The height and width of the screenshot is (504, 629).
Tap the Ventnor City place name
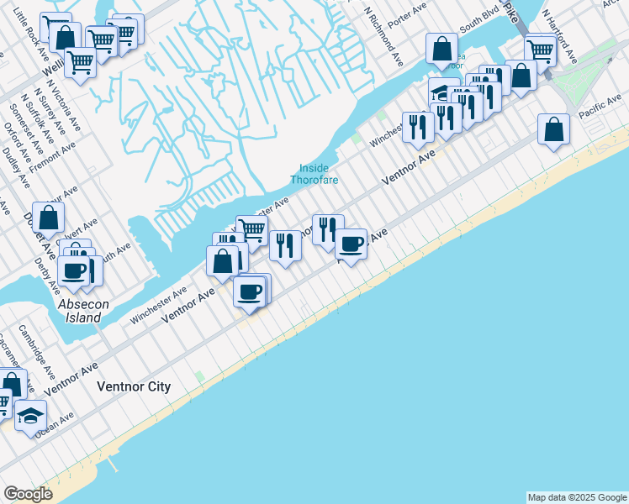point(134,387)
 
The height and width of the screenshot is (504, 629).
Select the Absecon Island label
point(83,312)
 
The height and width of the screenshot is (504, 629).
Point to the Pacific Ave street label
point(599,107)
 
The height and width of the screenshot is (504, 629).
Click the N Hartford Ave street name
point(558,37)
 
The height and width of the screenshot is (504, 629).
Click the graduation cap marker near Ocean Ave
point(30,416)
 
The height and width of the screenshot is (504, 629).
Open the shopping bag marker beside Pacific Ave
point(553,129)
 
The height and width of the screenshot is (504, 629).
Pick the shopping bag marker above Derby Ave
point(49,217)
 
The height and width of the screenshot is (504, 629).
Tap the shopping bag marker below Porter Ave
point(441,50)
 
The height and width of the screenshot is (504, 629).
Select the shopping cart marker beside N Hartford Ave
point(540,50)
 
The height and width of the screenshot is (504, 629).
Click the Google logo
point(28,494)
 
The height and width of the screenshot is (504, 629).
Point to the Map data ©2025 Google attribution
point(577,497)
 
